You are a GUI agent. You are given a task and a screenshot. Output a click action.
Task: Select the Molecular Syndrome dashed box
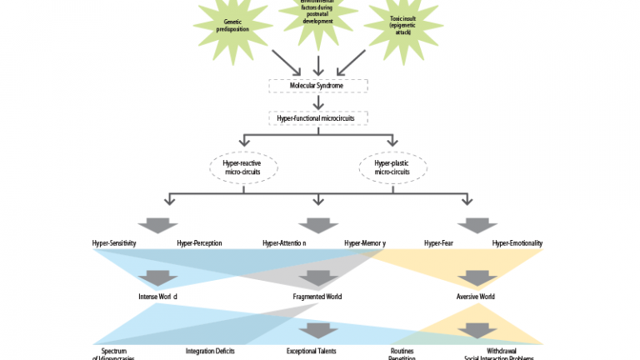[x=317, y=85]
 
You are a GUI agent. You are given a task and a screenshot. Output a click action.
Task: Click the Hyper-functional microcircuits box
[x=317, y=118]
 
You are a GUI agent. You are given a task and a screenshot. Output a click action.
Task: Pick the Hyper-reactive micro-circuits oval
[x=242, y=167]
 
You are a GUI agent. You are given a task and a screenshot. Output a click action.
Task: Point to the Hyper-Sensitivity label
[x=114, y=243]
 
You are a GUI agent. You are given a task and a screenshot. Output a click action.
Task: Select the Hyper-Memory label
[x=365, y=243]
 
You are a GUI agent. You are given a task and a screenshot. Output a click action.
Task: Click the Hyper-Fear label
[x=443, y=243]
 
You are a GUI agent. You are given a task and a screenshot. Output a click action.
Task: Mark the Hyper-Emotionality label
[x=517, y=243]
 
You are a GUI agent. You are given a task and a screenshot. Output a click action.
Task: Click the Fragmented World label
[x=317, y=297]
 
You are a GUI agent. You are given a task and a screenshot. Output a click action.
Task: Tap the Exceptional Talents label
[x=312, y=351]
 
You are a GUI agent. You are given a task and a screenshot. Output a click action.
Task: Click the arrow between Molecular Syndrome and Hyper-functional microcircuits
[x=317, y=102]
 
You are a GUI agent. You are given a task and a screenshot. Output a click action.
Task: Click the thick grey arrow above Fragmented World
[x=317, y=277]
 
